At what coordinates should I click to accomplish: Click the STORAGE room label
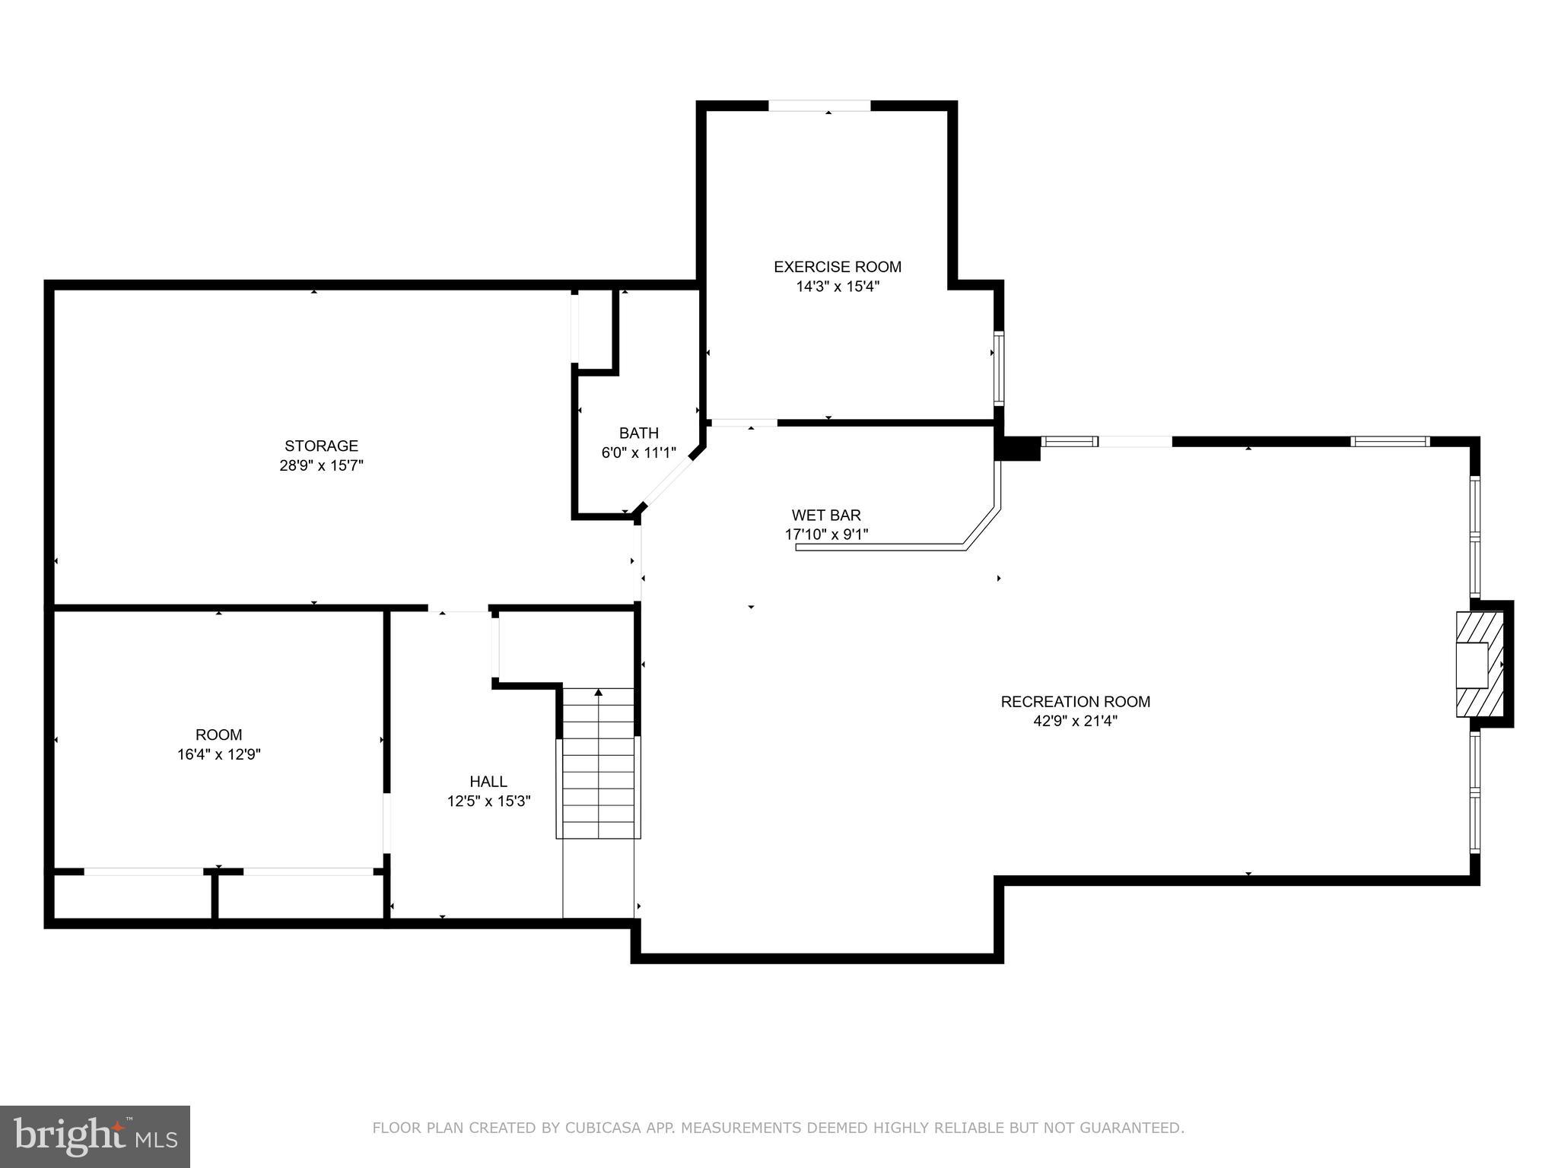click(x=321, y=446)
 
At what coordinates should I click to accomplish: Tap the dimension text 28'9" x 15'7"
click(x=321, y=465)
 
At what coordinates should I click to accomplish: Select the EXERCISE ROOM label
click(x=837, y=267)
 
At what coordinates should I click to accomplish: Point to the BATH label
click(x=638, y=433)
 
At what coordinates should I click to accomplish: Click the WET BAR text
click(x=826, y=515)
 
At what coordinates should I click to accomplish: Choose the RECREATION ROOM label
click(x=1075, y=702)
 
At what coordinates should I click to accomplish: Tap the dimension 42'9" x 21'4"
click(x=1075, y=722)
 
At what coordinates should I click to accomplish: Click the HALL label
click(x=488, y=782)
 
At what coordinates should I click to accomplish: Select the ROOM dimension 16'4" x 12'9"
click(x=219, y=754)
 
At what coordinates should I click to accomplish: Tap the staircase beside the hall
click(x=599, y=764)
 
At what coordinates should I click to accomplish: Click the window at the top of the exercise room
click(x=819, y=106)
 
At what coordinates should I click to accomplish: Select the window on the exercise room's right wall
click(x=998, y=368)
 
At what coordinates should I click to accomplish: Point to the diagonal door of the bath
click(x=668, y=481)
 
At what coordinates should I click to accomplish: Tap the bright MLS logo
click(x=95, y=1137)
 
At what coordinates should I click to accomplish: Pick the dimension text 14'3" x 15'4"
click(x=837, y=287)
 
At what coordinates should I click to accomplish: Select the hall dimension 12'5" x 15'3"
click(x=488, y=801)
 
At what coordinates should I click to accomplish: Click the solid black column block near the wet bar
click(x=1018, y=449)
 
